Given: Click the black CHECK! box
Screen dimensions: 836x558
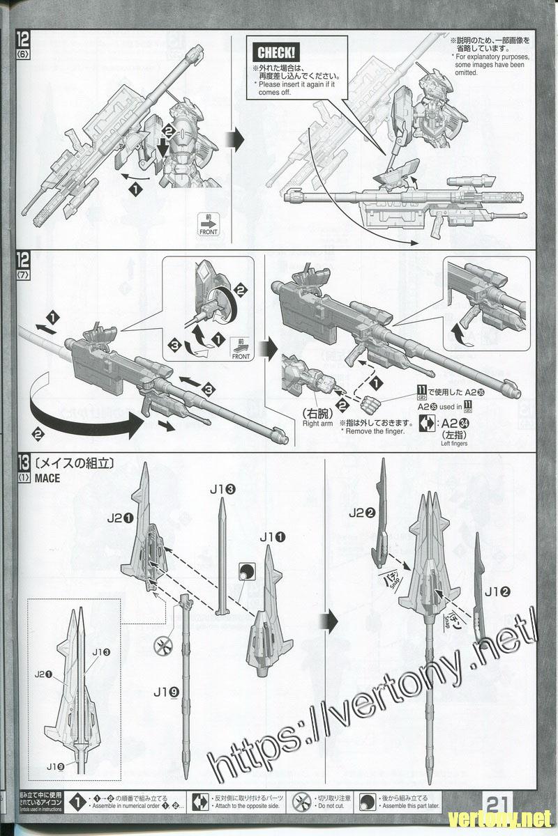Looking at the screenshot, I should point(276,52).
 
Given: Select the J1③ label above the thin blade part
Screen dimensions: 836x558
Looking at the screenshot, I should point(221,489).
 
